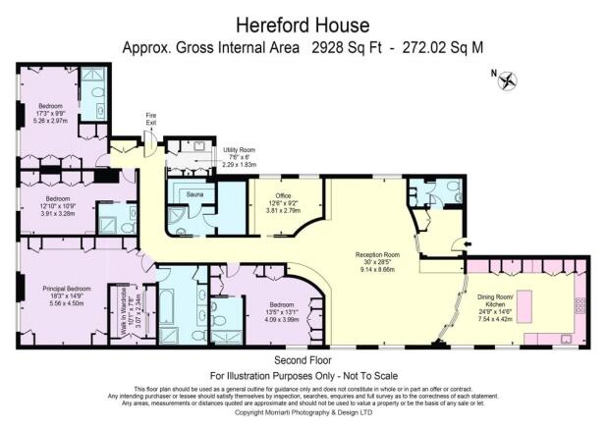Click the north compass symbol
[509, 81]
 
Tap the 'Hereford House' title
[303, 23]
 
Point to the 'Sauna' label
[193, 195]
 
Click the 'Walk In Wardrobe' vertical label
[114, 319]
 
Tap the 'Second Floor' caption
[302, 361]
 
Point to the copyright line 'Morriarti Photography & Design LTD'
[303, 412]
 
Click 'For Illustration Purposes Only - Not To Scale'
[303, 375]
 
